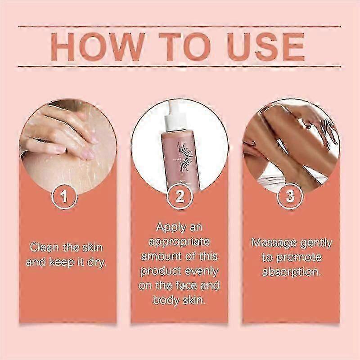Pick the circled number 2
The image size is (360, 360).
click(x=180, y=197)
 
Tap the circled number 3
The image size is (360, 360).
click(x=291, y=197)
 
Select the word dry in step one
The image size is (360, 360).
click(x=98, y=261)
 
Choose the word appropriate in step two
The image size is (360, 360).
click(x=180, y=242)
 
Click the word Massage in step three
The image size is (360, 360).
click(x=273, y=243)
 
